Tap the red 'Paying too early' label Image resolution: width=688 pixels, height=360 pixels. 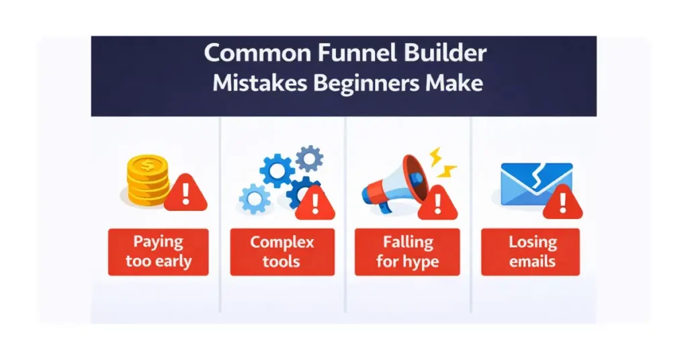click(159, 252)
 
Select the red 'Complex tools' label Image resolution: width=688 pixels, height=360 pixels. click(282, 252)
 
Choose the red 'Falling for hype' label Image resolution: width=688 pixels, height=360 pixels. click(407, 252)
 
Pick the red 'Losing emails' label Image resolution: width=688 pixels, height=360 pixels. click(531, 252)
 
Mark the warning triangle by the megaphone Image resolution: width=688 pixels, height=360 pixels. click(437, 201)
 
